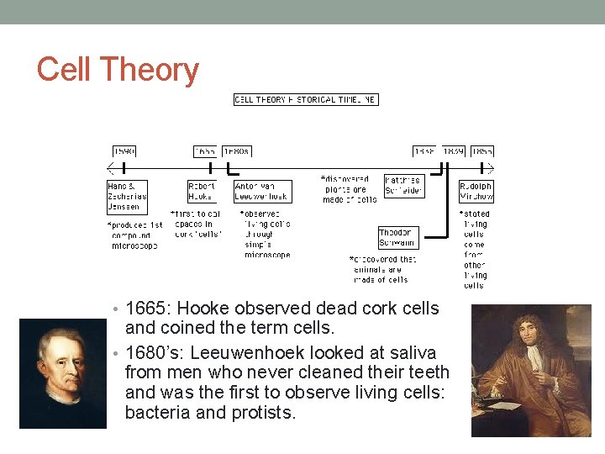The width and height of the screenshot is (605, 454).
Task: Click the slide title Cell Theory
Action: coord(118,70)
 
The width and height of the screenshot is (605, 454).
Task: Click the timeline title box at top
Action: coord(306,99)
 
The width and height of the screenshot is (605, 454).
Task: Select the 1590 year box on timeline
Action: coord(124,151)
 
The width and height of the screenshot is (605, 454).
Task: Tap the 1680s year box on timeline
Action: coord(236,151)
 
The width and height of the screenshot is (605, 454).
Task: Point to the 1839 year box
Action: coord(454,151)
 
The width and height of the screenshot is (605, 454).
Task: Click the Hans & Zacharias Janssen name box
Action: coord(127,196)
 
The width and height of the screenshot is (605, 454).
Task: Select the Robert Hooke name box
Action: coord(202,191)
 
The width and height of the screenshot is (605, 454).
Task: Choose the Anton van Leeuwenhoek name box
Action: coord(261,191)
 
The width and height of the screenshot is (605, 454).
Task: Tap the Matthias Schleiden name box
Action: coord(403,186)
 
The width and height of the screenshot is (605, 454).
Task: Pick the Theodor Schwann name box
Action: coord(396,237)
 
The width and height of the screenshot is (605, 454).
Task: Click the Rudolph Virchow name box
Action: coord(476,191)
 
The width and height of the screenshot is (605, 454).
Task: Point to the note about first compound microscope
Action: coord(134,235)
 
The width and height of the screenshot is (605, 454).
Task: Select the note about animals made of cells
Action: coord(382,269)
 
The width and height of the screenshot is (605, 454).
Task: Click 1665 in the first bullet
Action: coord(147,309)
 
